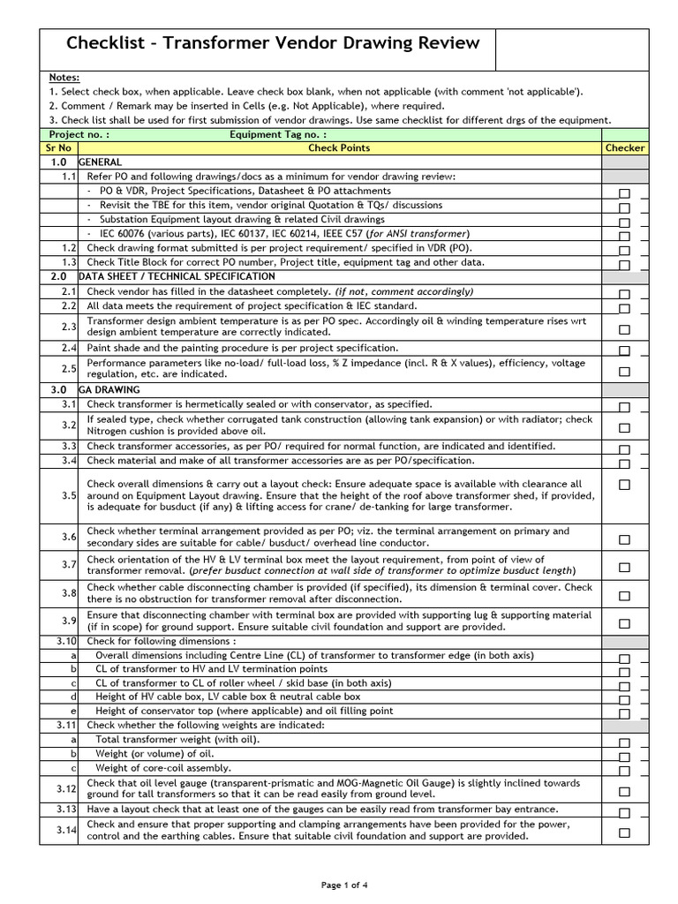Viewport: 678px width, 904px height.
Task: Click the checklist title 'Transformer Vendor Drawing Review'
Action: point(273,43)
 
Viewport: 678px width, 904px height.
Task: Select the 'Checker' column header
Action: point(624,148)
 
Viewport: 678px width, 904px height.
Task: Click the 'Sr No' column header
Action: point(58,148)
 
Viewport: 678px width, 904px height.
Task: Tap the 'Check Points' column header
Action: point(339,148)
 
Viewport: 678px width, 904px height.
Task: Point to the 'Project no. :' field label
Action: point(79,134)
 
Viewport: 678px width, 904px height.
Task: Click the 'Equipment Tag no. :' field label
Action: point(278,134)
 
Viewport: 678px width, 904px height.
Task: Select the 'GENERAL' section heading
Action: point(101,162)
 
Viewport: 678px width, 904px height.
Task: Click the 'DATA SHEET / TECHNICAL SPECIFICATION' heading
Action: point(177,276)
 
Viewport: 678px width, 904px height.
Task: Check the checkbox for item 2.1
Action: point(624,294)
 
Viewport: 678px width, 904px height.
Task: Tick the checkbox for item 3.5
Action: point(624,485)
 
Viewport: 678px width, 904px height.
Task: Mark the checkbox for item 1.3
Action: point(624,265)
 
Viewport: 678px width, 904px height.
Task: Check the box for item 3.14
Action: point(624,832)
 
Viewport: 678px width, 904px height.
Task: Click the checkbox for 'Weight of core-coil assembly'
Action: point(624,771)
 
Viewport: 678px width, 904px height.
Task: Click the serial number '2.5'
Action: point(68,367)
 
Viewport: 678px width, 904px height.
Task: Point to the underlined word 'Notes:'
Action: point(64,78)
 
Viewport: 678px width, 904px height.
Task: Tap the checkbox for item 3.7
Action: point(624,567)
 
